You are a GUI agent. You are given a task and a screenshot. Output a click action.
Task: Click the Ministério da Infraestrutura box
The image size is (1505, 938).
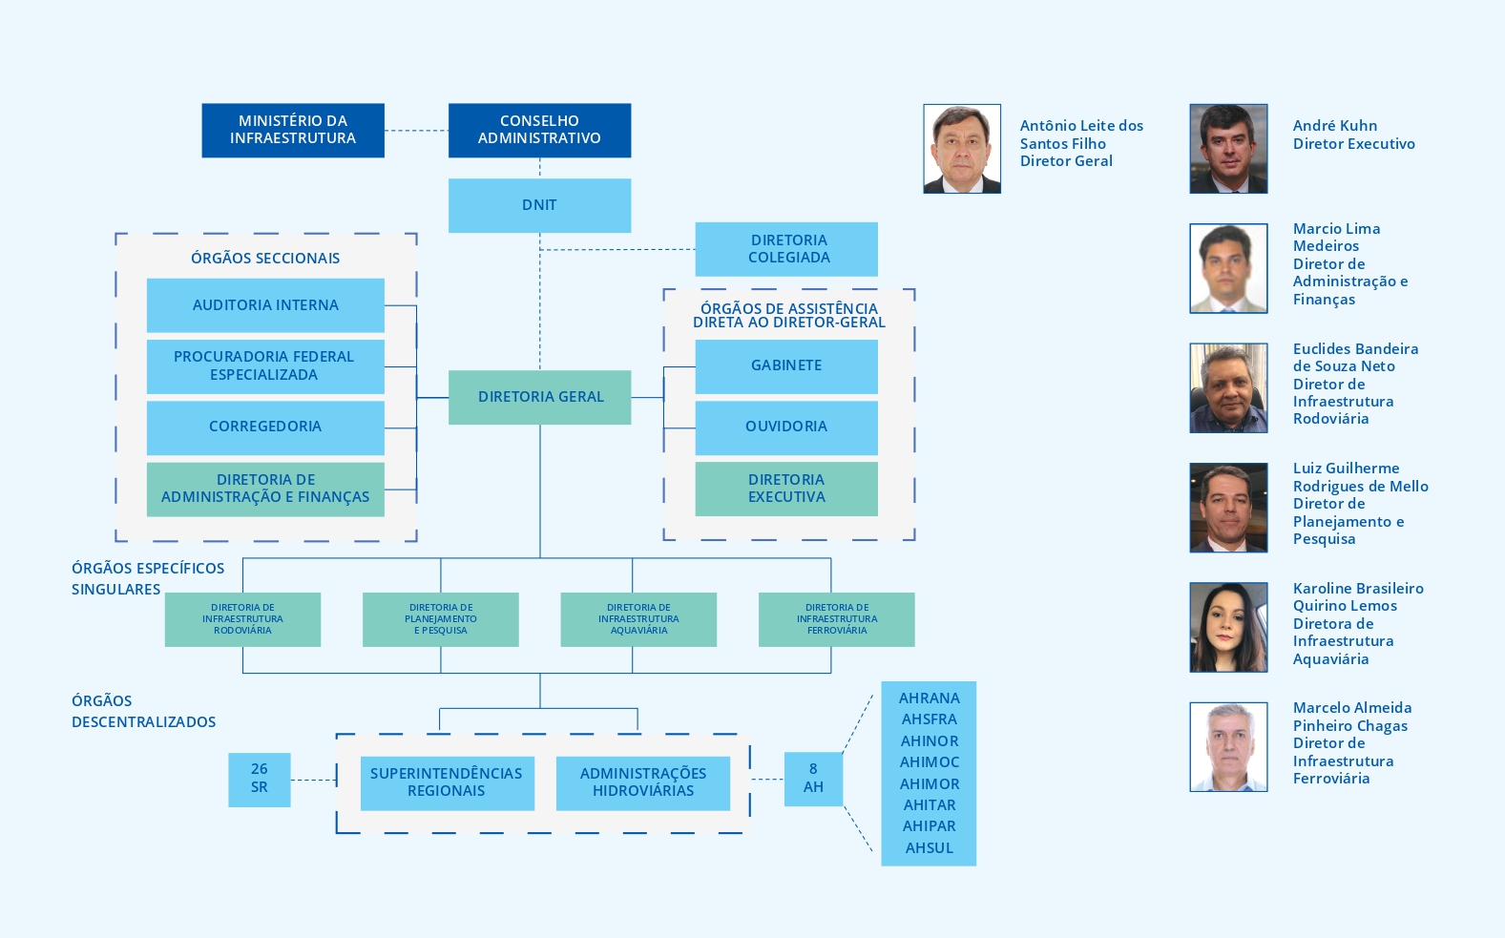pos(293,130)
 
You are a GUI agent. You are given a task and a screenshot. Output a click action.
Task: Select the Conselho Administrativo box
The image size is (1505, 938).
pos(539,130)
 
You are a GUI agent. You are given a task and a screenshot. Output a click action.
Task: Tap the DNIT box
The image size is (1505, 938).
pos(539,205)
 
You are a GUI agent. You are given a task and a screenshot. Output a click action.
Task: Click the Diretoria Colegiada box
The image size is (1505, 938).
pos(786,249)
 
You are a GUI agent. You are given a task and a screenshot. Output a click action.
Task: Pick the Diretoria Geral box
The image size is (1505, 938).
pos(539,397)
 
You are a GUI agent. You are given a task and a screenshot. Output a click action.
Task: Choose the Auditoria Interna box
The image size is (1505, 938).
pos(265,305)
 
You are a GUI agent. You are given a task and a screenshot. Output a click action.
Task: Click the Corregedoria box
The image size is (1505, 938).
pos(265,427)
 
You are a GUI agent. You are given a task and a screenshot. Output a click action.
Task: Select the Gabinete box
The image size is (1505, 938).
pos(786,365)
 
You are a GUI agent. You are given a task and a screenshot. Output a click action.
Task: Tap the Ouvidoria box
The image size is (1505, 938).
pos(786,427)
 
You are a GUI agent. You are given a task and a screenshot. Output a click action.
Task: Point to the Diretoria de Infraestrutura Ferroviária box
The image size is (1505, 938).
pos(836,619)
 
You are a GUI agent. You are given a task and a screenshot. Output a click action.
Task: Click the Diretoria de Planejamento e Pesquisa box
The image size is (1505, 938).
pos(440,619)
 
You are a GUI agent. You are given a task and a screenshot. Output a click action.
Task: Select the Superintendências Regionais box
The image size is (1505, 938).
pos(447,782)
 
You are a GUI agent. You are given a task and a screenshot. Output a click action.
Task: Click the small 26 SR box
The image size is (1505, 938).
pos(260,779)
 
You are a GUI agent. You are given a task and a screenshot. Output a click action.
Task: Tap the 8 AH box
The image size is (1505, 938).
pos(813,779)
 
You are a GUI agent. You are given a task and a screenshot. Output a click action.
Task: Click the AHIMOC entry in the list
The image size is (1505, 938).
pos(929,762)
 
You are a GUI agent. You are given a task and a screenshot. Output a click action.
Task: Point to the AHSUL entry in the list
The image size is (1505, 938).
pos(929,848)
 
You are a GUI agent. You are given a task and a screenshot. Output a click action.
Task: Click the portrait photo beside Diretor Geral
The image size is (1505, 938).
pos(962,149)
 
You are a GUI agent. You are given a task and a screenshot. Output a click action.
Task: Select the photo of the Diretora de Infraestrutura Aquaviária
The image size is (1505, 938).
pos(1228,627)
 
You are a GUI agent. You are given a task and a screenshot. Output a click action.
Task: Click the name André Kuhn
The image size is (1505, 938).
pos(1335,126)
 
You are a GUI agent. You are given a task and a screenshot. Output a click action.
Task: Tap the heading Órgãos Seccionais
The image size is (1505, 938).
pos(265,259)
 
